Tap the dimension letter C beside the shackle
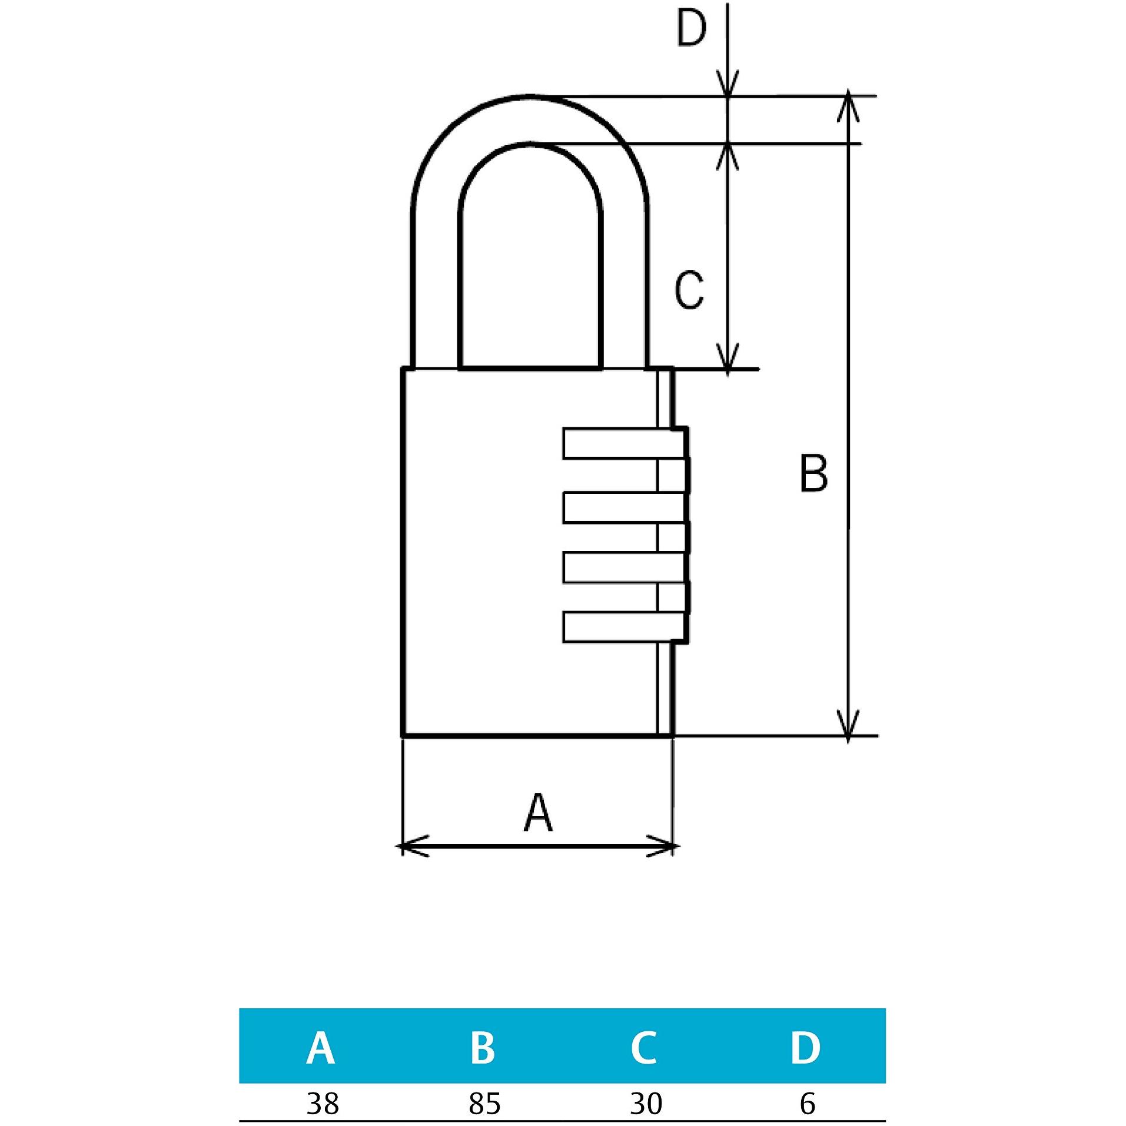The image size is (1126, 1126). [x=689, y=290]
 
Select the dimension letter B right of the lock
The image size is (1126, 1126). [x=813, y=473]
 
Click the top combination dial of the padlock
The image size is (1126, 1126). [x=626, y=443]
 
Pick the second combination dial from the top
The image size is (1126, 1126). [x=626, y=507]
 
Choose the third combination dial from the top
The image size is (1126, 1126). [x=626, y=567]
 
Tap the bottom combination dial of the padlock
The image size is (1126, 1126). [x=626, y=627]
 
